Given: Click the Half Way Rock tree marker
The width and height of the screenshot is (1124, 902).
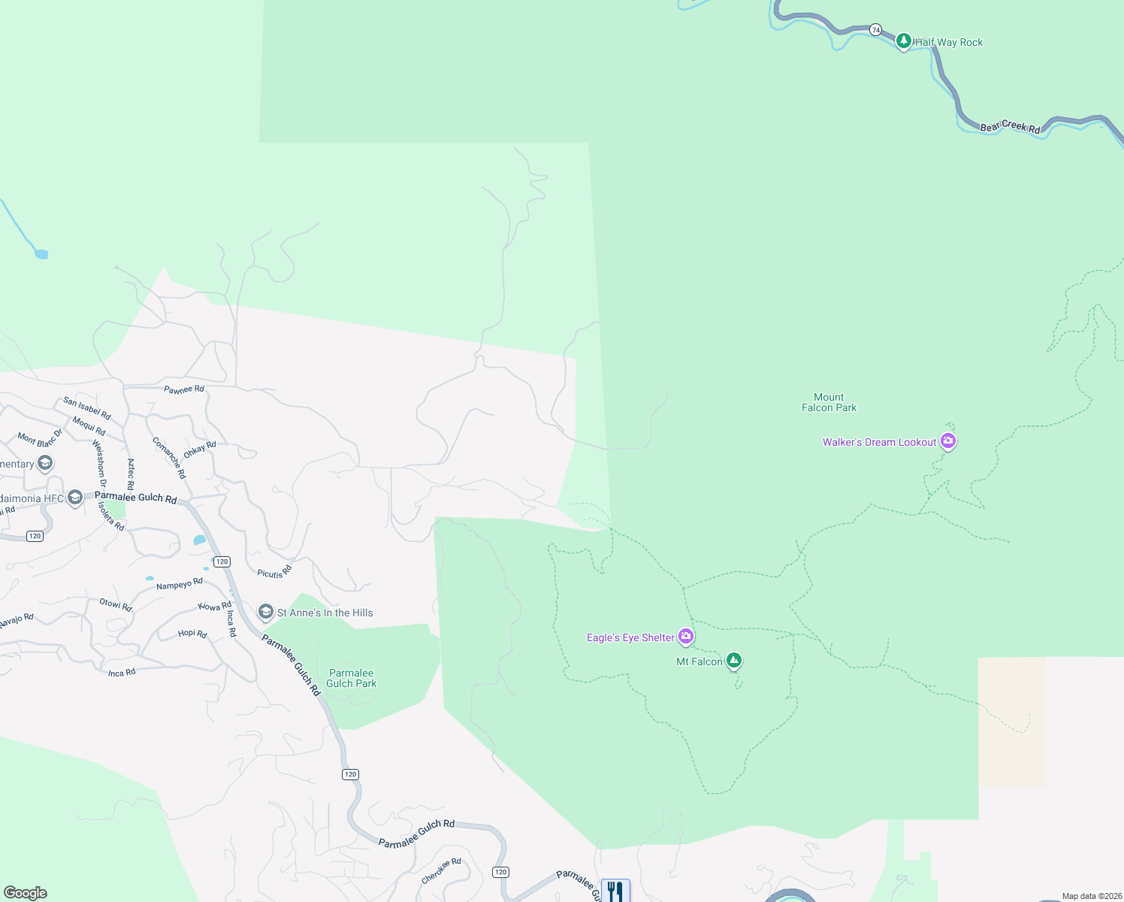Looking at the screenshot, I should point(904,41).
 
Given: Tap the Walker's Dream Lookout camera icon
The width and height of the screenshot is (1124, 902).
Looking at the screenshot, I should point(948,441).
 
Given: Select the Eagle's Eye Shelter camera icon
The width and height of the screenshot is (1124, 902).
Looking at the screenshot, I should point(685,637).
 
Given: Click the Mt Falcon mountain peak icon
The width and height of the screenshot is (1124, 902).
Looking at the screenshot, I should point(734,661).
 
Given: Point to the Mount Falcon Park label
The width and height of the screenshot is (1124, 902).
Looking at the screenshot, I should point(829,402).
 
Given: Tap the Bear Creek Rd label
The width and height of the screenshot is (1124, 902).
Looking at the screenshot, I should point(1010,126).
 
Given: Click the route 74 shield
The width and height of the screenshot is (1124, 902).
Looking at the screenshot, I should point(875,29).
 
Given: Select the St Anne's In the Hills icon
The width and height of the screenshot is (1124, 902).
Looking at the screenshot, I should point(266,612).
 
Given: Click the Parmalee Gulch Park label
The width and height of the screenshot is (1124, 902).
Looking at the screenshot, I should point(351,678).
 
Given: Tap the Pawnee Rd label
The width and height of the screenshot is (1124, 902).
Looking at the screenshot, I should point(184,389).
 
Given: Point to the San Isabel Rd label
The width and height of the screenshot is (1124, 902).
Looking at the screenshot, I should point(87,408).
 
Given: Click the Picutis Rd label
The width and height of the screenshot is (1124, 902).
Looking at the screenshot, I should point(274,573).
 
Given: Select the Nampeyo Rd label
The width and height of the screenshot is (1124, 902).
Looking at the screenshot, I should point(179,584).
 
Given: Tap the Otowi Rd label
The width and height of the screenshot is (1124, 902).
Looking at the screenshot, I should point(116,604).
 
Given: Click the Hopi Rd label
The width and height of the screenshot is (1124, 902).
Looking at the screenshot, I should point(192,634).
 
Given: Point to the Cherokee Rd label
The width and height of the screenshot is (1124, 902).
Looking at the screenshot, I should point(441,871).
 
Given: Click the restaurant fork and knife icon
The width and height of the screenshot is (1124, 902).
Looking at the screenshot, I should point(615,891).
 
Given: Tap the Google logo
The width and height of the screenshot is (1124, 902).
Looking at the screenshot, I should point(26,893).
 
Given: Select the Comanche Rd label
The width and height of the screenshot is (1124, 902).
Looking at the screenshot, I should point(168,458).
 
